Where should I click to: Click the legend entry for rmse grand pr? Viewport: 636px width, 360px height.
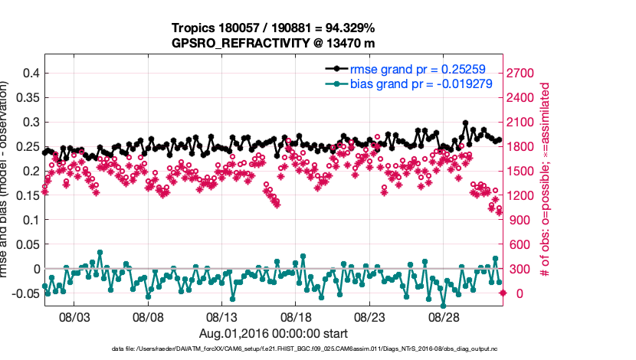pos(415,67)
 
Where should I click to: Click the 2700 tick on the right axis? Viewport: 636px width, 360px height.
pos(525,73)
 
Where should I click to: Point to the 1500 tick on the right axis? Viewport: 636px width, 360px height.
pos(525,171)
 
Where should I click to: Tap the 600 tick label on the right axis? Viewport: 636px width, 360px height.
pos(521,244)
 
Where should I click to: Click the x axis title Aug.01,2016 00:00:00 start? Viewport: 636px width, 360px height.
pos(274,333)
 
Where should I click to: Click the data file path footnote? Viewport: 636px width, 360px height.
pos(273,349)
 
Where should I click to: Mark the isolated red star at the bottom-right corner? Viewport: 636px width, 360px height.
pos(503,293)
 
